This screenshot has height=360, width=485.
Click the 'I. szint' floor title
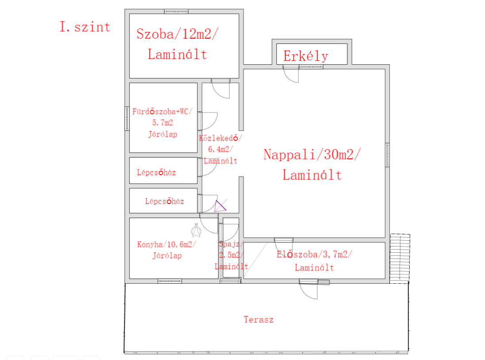(x=85, y=27)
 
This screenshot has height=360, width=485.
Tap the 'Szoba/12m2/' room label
(x=178, y=34)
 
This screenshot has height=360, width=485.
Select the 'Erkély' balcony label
(x=306, y=56)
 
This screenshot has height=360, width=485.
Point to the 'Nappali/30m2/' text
(x=312, y=154)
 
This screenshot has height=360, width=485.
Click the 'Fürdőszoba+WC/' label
(x=163, y=111)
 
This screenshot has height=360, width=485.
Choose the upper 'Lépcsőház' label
(x=156, y=172)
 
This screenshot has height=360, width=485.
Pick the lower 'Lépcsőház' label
(x=165, y=201)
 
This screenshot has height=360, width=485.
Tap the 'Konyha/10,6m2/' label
(x=167, y=244)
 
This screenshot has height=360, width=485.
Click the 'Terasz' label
(x=259, y=320)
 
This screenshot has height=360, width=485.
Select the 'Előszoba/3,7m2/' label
(x=314, y=254)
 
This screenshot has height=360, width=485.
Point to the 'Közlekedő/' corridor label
(x=220, y=138)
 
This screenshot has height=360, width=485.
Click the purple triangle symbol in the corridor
(x=220, y=206)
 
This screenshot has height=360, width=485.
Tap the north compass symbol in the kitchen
(x=196, y=230)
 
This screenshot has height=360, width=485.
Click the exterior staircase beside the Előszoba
(x=400, y=258)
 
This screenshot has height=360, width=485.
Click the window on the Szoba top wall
(x=176, y=12)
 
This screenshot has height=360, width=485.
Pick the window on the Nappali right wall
(x=387, y=155)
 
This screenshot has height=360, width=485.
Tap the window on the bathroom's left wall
(x=127, y=118)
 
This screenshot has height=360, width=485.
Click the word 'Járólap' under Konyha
(x=167, y=256)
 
